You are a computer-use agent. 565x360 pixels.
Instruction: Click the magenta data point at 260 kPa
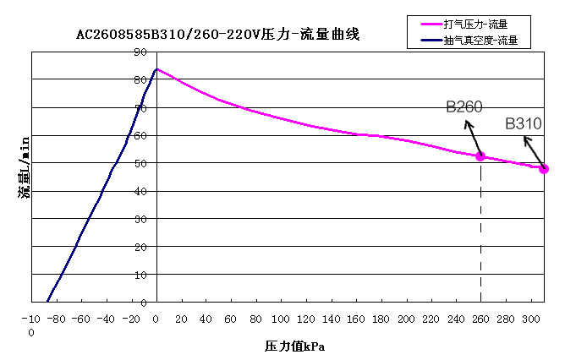point(480,156)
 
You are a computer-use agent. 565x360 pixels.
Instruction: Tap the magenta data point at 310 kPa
point(544,169)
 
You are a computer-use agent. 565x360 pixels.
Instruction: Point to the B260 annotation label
point(464,106)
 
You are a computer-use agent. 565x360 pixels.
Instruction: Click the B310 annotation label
point(524,124)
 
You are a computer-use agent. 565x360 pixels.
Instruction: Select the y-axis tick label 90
point(140,52)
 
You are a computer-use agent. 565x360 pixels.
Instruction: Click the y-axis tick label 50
point(140,163)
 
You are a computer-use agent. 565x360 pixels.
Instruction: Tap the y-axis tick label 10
point(140,275)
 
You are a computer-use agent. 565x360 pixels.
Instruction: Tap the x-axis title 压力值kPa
point(294,346)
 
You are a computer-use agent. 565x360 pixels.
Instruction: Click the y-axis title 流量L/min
point(25,166)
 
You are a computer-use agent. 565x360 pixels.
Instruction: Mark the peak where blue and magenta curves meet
point(156,69)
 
